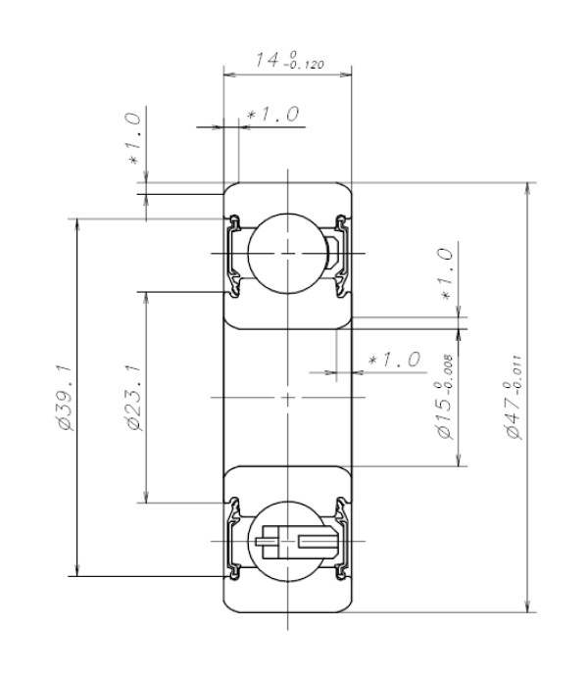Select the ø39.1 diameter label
[66, 397]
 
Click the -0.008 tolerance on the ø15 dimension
[449, 376]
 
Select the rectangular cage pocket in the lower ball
[316, 541]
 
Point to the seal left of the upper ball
[234, 252]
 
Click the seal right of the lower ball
[341, 541]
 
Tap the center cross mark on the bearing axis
[287, 397]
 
